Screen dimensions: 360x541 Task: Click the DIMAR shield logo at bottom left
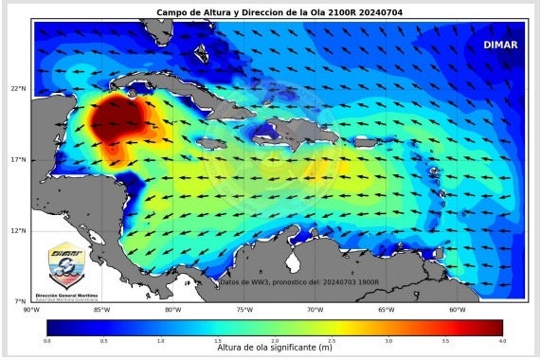tap(65, 265)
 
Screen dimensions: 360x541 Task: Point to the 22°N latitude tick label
tap(17, 89)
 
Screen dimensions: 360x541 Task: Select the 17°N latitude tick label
tap(17, 159)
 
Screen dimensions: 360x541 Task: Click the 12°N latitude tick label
tap(17, 230)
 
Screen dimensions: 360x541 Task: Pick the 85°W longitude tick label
tap(101, 310)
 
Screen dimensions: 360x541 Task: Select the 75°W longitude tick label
tap(243, 310)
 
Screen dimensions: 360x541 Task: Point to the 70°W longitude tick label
tap(315, 310)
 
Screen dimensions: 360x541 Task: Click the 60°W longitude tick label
tap(457, 310)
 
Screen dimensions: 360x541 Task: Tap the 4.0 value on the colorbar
tap(501, 339)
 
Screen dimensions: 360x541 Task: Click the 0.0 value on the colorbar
tap(47, 339)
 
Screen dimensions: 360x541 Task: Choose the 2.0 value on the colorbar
tap(275, 339)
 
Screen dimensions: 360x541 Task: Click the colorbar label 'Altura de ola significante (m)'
tap(275, 349)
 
